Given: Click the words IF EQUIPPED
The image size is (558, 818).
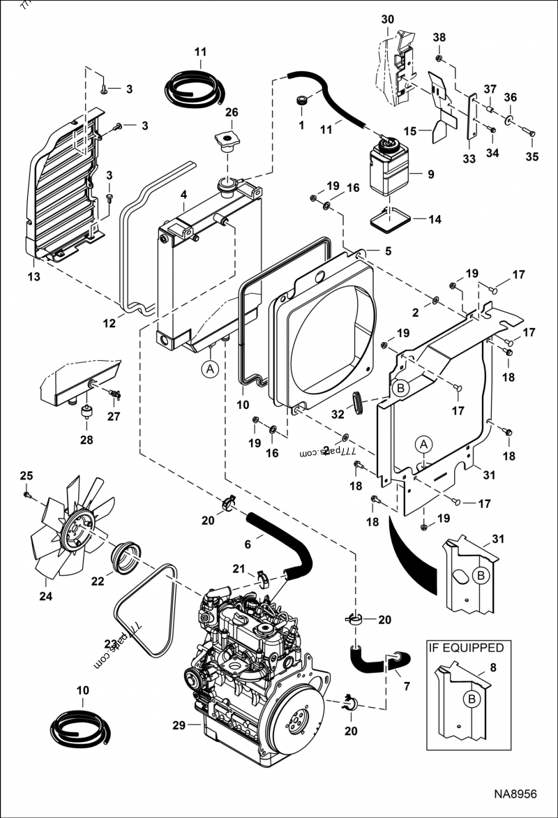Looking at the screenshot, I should coord(465,648).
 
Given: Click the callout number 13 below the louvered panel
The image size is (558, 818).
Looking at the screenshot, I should coord(33,276).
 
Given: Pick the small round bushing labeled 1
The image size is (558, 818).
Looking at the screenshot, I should coord(301,102).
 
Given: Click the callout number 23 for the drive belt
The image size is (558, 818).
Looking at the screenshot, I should coord(110,644).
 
